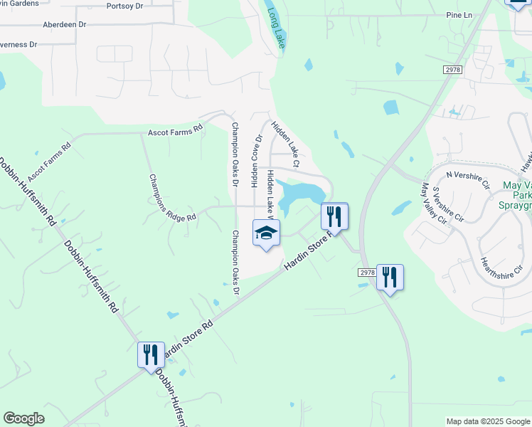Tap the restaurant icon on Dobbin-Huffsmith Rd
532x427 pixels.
(x=150, y=354)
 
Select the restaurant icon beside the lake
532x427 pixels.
(x=334, y=216)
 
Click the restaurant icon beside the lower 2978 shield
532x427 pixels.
(x=390, y=277)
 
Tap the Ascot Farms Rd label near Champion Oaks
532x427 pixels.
(x=175, y=132)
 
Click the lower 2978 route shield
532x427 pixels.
(x=366, y=273)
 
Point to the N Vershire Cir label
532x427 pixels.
(x=468, y=179)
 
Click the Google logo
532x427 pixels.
(x=23, y=418)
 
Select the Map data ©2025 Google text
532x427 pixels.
(x=488, y=421)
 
